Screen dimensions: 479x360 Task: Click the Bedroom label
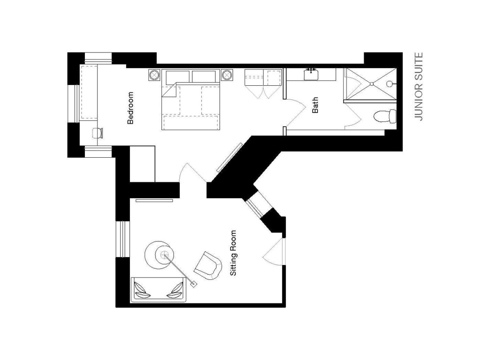click(130, 108)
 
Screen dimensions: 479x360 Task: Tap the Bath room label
click(315, 105)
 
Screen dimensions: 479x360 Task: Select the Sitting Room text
click(233, 253)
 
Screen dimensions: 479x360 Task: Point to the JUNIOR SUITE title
click(418, 86)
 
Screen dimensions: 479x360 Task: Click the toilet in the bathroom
click(385, 116)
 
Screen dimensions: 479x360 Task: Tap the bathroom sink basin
click(311, 74)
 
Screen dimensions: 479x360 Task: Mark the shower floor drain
click(372, 84)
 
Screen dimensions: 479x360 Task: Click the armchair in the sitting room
click(208, 266)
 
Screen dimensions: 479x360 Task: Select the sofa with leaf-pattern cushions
click(158, 290)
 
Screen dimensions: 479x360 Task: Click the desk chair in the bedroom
click(98, 133)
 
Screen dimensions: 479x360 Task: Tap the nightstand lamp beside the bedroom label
click(155, 75)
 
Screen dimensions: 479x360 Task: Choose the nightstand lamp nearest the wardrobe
click(227, 75)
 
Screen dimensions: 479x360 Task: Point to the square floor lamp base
click(193, 284)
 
